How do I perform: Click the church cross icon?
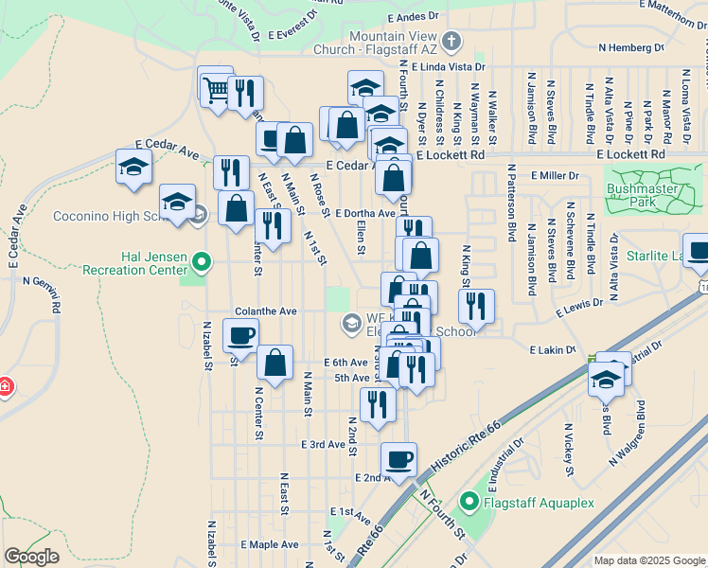tap(451, 42)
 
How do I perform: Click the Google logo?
tap(31, 557)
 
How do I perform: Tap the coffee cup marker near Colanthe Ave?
tap(240, 336)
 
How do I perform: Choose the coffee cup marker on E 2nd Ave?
tap(398, 459)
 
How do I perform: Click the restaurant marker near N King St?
tap(476, 306)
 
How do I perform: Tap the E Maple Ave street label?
tap(269, 544)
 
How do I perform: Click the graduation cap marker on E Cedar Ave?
tap(134, 167)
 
